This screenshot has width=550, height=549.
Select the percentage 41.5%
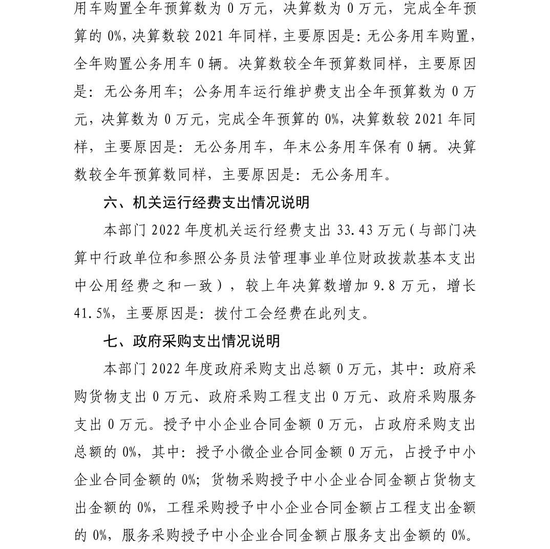92,313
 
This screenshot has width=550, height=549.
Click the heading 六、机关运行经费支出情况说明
206,203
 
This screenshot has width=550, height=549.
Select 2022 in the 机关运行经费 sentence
170,230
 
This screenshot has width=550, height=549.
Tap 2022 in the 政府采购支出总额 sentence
170,369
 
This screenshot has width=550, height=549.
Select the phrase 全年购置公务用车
132,65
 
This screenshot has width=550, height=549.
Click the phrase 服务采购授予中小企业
193,535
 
